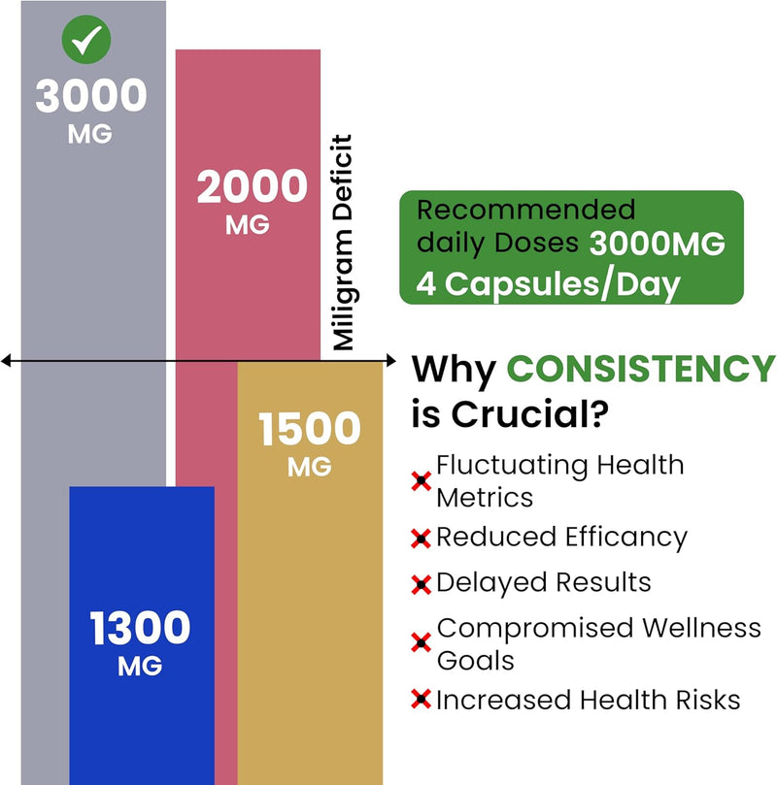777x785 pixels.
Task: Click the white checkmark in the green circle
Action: [x=88, y=40]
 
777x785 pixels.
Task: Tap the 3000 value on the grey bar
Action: [x=91, y=96]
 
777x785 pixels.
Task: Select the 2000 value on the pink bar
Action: [x=252, y=187]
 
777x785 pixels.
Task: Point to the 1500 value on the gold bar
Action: [x=310, y=430]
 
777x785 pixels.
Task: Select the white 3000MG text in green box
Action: [x=657, y=245]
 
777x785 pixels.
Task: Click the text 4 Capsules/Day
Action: [x=549, y=285]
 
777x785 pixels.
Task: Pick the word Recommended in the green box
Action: [x=525, y=210]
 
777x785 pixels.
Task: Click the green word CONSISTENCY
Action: [x=642, y=370]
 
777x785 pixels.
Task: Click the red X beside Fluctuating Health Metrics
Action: [x=422, y=480]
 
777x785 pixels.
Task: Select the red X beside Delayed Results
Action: [x=422, y=584]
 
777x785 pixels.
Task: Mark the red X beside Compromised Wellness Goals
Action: [x=422, y=642]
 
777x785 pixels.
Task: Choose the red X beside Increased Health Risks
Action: [x=422, y=700]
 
